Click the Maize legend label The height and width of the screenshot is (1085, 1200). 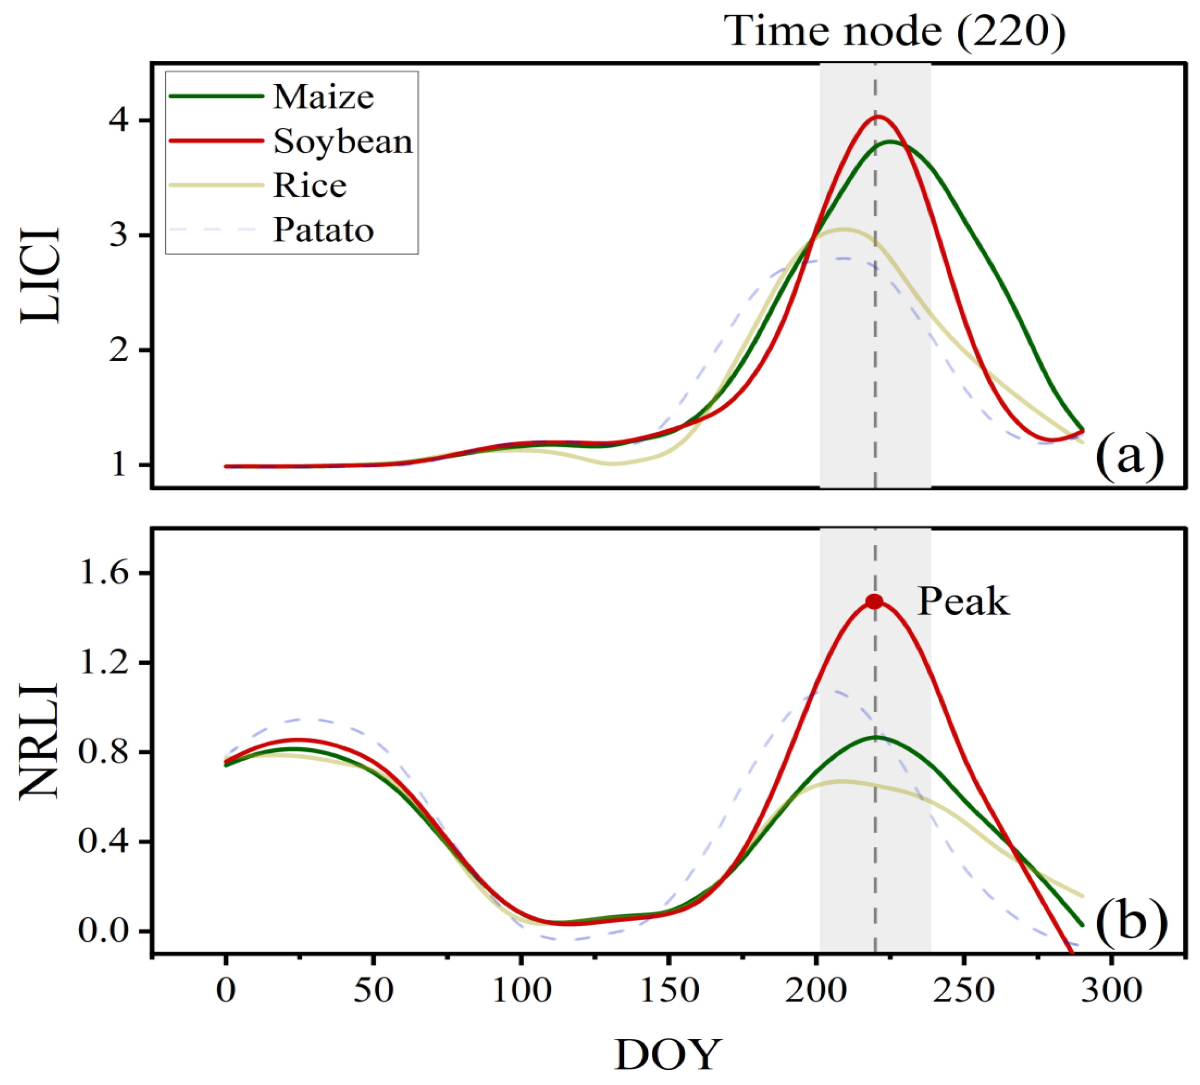(x=323, y=96)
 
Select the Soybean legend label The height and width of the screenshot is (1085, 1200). (x=343, y=142)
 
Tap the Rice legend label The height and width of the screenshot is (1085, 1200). (x=310, y=186)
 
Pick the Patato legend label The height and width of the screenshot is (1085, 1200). (x=323, y=230)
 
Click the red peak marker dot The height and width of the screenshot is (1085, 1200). (x=874, y=602)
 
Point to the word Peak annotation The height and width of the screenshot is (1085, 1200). (x=963, y=602)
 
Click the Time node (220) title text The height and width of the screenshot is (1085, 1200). (x=894, y=31)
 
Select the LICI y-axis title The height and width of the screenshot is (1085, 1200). (x=41, y=275)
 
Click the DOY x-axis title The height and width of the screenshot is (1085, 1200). (x=668, y=1055)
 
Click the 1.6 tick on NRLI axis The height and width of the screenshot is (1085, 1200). (x=104, y=573)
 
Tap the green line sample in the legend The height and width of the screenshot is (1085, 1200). (x=216, y=96)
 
